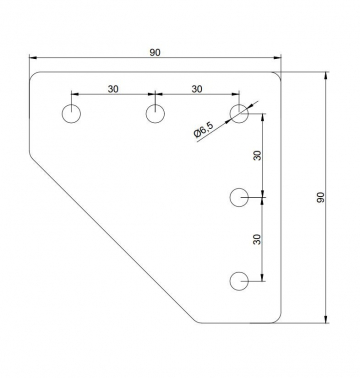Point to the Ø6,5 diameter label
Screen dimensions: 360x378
[203, 129]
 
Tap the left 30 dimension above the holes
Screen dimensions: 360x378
[113, 89]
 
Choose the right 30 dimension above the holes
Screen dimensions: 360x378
[197, 89]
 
